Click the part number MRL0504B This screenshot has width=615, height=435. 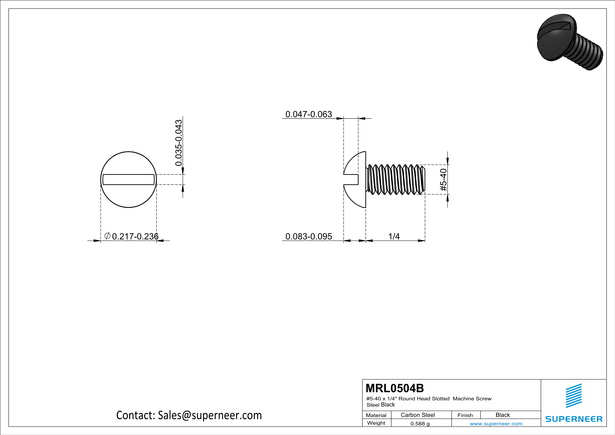(x=395, y=388)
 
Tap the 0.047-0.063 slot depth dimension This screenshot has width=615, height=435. (x=309, y=114)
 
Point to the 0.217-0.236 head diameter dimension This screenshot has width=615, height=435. (x=135, y=236)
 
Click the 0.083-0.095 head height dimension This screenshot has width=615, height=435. (x=309, y=236)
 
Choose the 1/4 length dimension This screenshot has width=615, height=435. (x=394, y=236)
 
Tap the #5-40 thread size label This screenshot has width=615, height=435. (x=443, y=179)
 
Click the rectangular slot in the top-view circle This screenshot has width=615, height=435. (x=129, y=179)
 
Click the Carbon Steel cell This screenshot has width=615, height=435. (x=418, y=415)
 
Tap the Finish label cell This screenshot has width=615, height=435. (x=465, y=415)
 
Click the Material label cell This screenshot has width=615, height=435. (x=376, y=415)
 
